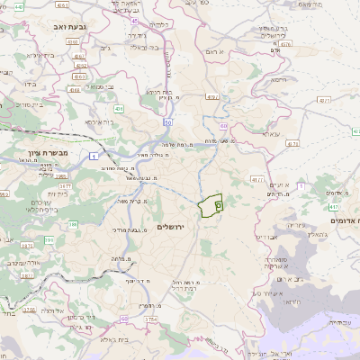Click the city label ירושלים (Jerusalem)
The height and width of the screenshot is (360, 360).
pyautogui.click(x=169, y=226)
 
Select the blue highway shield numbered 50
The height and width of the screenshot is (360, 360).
pyautogui.click(x=168, y=121)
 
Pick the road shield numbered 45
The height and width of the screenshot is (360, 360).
pyautogui.click(x=134, y=20)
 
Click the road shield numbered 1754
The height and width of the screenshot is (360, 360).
pyautogui.click(x=150, y=319)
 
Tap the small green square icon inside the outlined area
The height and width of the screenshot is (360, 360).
pyautogui.click(x=219, y=206)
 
